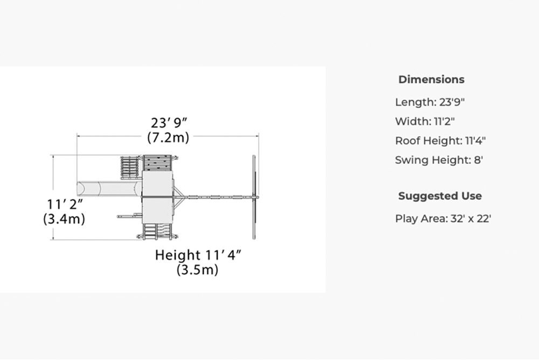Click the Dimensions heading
pyautogui.click(x=431, y=79)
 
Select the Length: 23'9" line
pyautogui.click(x=430, y=102)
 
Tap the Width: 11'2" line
pyautogui.click(x=425, y=121)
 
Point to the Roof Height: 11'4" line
pyautogui.click(x=440, y=141)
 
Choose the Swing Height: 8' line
pyautogui.click(x=439, y=160)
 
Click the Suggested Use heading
pyautogui.click(x=440, y=196)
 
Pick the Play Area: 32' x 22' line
pyautogui.click(x=443, y=219)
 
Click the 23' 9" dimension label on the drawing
pyautogui.click(x=169, y=123)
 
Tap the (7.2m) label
pyautogui.click(x=168, y=137)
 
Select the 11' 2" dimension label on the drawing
pyautogui.click(x=65, y=204)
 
